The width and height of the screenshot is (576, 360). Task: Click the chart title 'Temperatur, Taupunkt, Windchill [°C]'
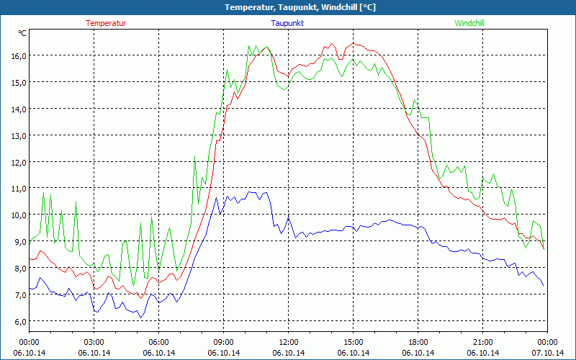pyautogui.click(x=300, y=7)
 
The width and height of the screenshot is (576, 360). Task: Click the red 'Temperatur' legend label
pyautogui.click(x=106, y=23)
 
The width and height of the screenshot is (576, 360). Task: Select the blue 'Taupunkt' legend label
pyautogui.click(x=287, y=23)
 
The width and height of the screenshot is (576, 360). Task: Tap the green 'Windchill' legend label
pyautogui.click(x=469, y=23)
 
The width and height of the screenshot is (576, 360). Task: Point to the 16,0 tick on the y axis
pyautogui.click(x=19, y=55)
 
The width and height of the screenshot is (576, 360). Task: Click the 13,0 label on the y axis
pyautogui.click(x=19, y=135)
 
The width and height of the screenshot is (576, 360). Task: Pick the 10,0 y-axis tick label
pyautogui.click(x=19, y=215)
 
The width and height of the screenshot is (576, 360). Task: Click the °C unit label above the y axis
pyautogui.click(x=22, y=33)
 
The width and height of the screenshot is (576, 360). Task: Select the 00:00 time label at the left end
pyautogui.click(x=29, y=342)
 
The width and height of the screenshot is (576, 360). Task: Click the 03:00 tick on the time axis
pyautogui.click(x=94, y=342)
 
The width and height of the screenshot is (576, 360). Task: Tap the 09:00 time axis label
pyautogui.click(x=223, y=342)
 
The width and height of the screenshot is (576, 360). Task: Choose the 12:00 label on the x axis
pyautogui.click(x=288, y=342)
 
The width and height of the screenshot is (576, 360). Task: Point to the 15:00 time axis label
pyautogui.click(x=353, y=342)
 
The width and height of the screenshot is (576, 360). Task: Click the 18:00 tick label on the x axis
pyautogui.click(x=418, y=342)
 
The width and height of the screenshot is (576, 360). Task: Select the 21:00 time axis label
pyautogui.click(x=482, y=342)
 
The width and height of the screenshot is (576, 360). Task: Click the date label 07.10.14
pyautogui.click(x=547, y=353)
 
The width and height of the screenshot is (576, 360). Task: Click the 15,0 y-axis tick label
pyautogui.click(x=19, y=82)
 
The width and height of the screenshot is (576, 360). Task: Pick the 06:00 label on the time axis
pyautogui.click(x=158, y=342)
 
